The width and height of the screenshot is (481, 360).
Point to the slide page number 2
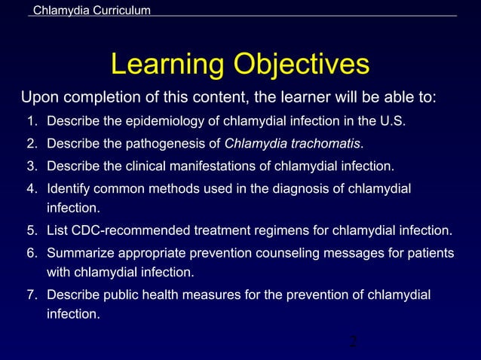(352, 343)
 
